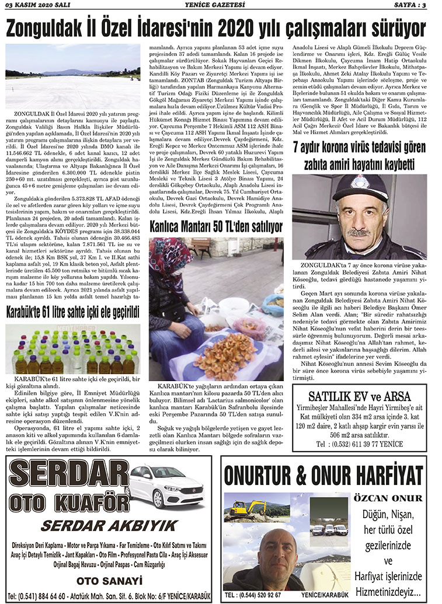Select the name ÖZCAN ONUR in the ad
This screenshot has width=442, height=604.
(x=387, y=498)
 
